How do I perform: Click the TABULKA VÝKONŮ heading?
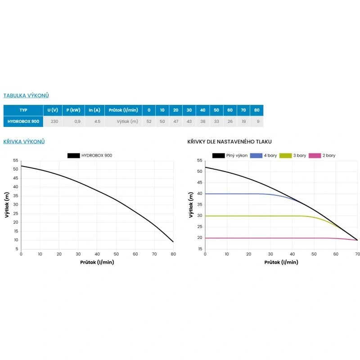click(x=26, y=95)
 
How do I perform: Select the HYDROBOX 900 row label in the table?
click(x=23, y=121)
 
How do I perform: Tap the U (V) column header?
click(x=53, y=110)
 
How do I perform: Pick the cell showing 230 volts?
click(x=54, y=121)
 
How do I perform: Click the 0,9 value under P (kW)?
click(x=77, y=121)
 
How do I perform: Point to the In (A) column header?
click(x=94, y=110)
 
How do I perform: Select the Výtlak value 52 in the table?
click(x=149, y=121)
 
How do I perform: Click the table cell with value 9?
click(x=258, y=121)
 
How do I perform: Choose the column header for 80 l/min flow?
click(x=256, y=110)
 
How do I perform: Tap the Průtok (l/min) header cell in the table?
click(x=123, y=110)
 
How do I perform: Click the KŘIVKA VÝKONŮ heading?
click(x=24, y=142)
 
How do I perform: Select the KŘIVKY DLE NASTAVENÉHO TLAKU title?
click(x=229, y=142)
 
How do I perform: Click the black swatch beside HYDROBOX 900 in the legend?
click(x=73, y=156)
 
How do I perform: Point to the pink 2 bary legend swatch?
click(x=315, y=156)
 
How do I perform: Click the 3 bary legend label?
click(x=300, y=156)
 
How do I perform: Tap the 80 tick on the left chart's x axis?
click(x=173, y=254)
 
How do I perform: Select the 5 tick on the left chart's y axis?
click(x=17, y=249)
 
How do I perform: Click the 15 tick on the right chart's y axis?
click(x=200, y=249)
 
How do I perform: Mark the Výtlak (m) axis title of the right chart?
click(x=191, y=205)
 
